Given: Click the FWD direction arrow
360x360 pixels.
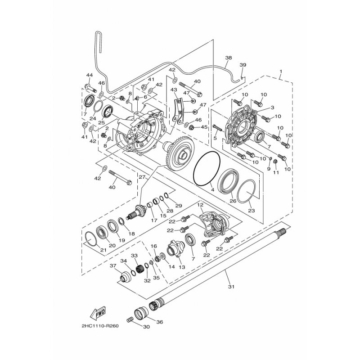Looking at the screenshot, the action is click(x=98, y=312).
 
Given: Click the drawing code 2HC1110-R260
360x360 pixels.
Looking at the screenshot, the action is click(x=100, y=326).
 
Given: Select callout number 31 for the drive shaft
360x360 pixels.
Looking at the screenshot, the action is click(x=231, y=287).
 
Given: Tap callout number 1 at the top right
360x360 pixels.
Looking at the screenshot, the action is click(x=280, y=72).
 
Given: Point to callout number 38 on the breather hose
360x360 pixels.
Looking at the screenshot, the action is click(x=229, y=58).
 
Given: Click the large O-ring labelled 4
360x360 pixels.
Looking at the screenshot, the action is click(x=207, y=168).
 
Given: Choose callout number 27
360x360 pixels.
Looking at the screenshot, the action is click(x=142, y=177).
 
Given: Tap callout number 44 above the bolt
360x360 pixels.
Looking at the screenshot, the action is click(x=90, y=75).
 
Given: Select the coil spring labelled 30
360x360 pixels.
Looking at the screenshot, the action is click(x=130, y=319).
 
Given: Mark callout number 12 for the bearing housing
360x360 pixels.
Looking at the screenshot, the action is click(x=200, y=205).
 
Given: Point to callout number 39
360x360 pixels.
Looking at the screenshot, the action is click(x=243, y=65).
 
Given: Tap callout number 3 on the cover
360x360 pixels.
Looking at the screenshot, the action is click(x=272, y=107).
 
